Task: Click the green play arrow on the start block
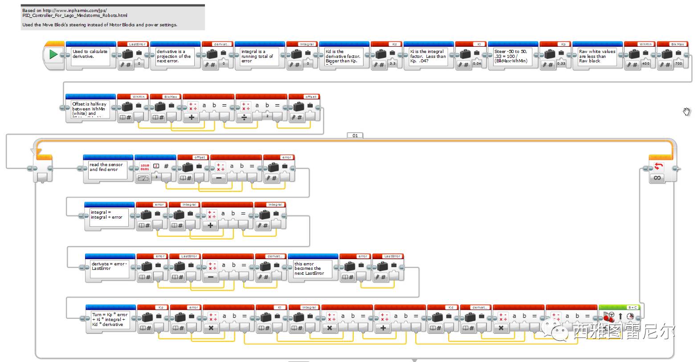tap(53, 55)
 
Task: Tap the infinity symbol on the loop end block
tap(657, 178)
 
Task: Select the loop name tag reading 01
tap(355, 135)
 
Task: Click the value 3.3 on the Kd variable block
tap(392, 64)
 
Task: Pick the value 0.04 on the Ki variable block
tap(477, 64)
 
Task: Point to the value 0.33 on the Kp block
tap(561, 64)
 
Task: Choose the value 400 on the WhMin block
tap(646, 64)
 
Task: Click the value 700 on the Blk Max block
tap(679, 64)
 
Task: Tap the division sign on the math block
tap(244, 117)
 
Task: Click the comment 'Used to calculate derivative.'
tap(90, 54)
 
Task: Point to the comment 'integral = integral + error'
tap(106, 215)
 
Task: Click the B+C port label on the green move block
tap(632, 307)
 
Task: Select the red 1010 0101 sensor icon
tap(145, 167)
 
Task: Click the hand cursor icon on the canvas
tap(687, 111)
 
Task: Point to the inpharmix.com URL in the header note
tap(75, 10)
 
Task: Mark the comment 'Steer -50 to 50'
tap(511, 56)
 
